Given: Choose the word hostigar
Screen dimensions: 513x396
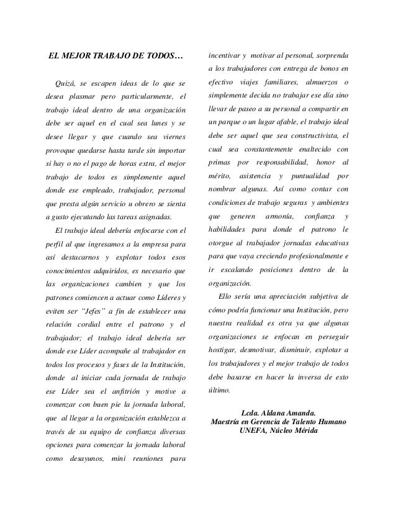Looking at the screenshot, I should [222, 350].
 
